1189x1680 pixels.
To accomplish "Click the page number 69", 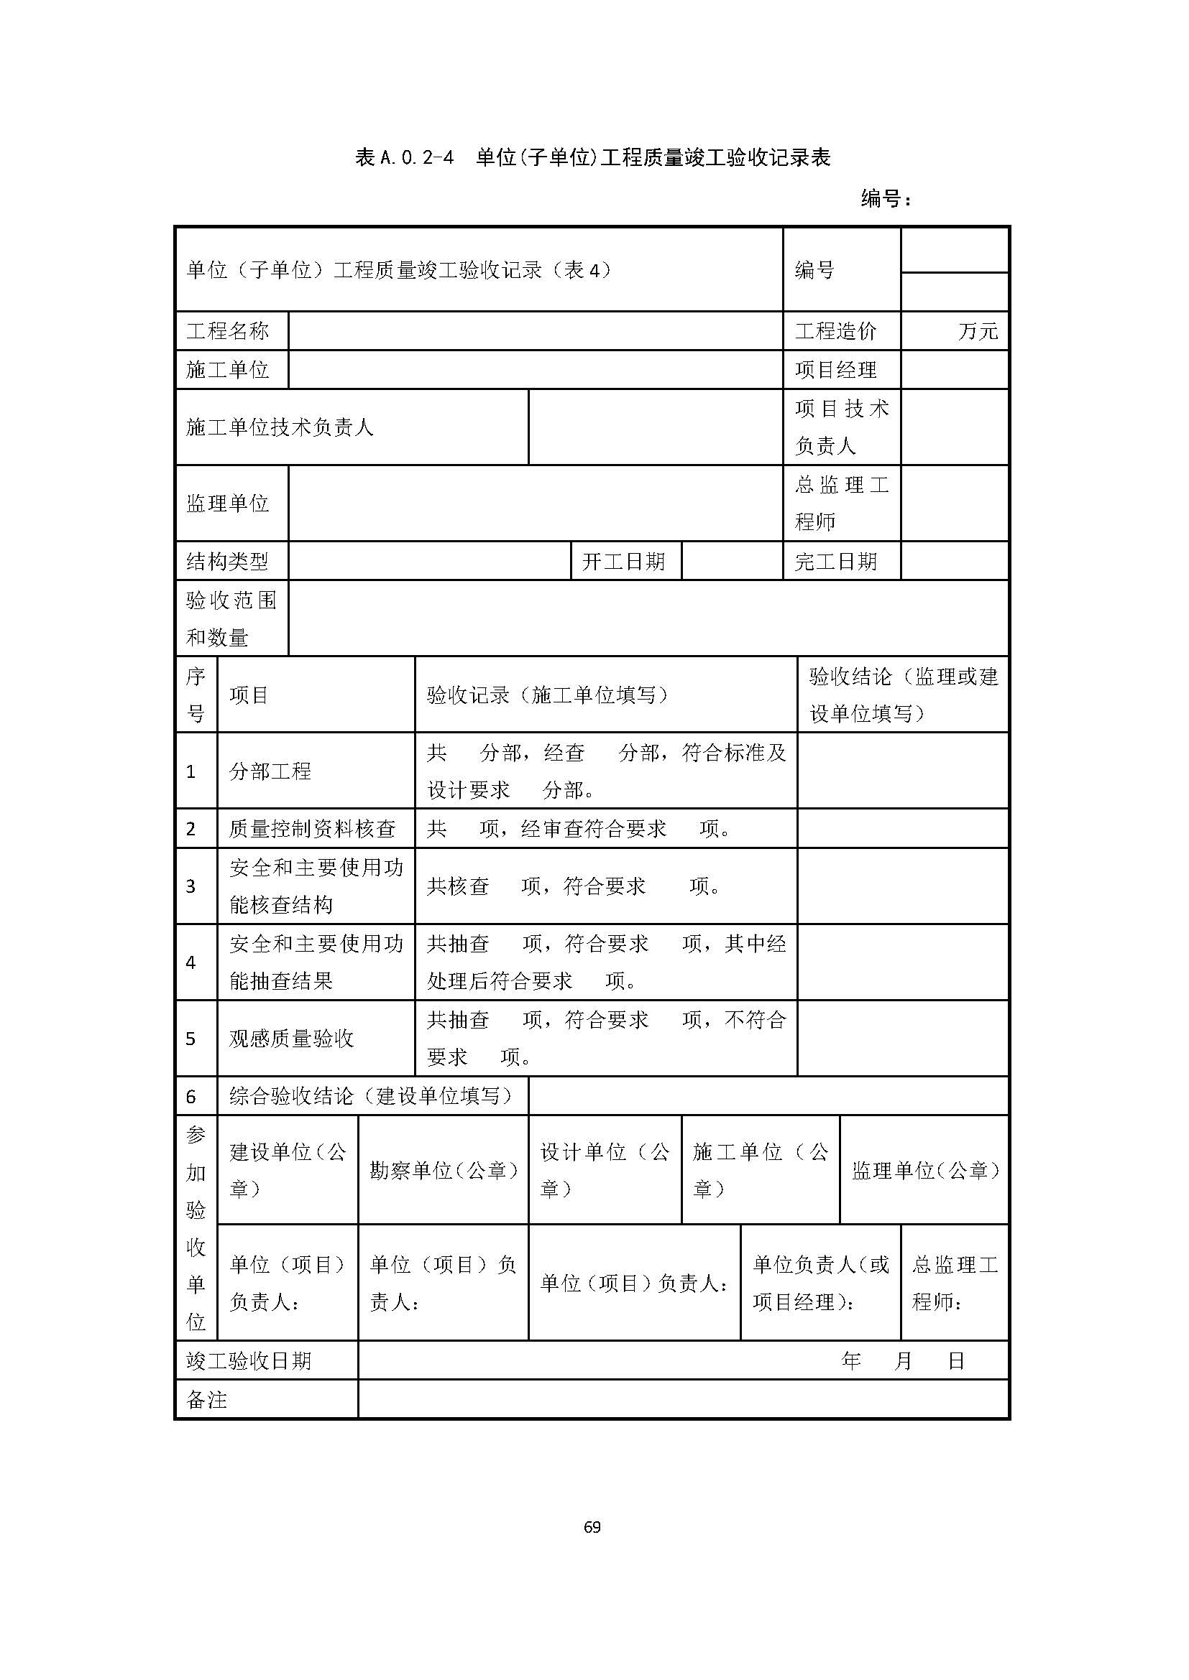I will point(592,1526).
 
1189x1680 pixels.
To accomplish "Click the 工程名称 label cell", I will point(228,330).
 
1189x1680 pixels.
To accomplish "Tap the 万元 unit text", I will point(978,330).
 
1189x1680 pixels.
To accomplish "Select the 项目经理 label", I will point(835,369).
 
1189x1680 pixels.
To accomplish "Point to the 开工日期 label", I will point(623,561).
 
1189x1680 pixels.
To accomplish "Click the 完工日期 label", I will point(835,561).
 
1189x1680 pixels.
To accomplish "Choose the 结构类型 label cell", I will point(228,561).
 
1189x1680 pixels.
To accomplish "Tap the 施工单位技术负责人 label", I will point(280,427).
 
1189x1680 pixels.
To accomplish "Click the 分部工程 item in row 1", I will point(270,771).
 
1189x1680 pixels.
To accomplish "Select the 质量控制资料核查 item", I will point(313,828).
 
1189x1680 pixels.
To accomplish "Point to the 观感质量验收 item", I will point(291,1039).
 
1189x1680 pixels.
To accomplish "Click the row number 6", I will point(191,1096).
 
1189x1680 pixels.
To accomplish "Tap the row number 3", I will point(191,886).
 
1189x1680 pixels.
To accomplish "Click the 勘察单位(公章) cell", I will point(444,1171).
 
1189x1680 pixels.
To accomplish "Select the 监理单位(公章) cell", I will point(924,1171).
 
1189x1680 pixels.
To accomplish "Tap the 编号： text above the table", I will point(886,198).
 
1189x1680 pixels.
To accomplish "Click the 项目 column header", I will point(249,695).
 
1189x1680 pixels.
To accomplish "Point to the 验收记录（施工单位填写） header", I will point(548,695).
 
